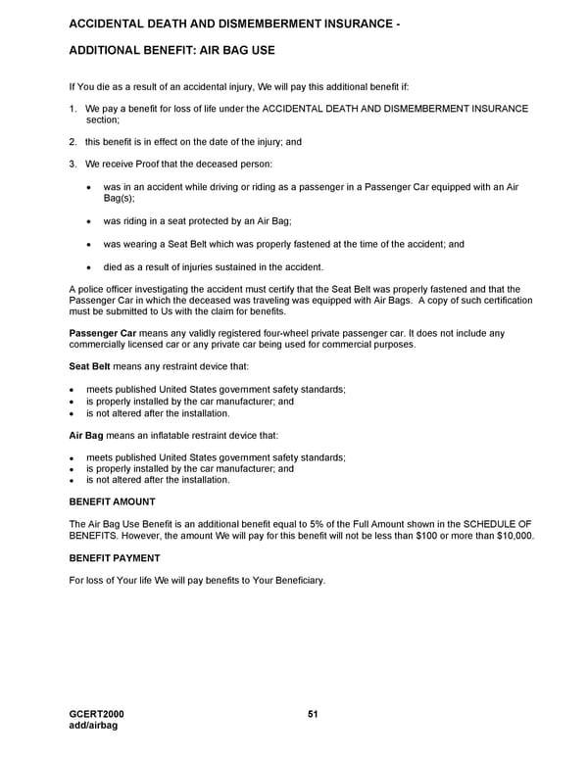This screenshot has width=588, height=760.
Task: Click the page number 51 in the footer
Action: (x=313, y=714)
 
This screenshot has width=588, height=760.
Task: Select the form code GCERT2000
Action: (x=97, y=714)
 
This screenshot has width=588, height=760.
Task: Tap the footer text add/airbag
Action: (x=93, y=725)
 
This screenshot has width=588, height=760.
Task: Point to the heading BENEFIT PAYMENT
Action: (x=114, y=557)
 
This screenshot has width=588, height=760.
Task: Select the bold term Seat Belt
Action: (x=88, y=367)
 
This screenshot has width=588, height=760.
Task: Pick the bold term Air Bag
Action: (x=86, y=435)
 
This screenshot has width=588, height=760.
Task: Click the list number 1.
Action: (x=73, y=108)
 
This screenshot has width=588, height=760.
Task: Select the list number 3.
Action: (x=73, y=164)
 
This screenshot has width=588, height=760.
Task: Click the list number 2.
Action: (x=73, y=142)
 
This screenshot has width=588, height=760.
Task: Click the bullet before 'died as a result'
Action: (x=91, y=267)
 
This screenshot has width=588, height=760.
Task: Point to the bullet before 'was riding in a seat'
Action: (x=91, y=221)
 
